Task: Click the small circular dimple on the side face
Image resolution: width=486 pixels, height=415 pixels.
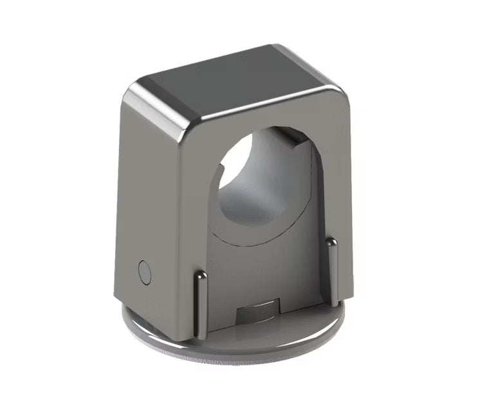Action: tap(144, 272)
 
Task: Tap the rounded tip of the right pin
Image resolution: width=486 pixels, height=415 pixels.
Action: tap(331, 242)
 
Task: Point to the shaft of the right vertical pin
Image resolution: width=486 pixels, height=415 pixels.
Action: tap(332, 271)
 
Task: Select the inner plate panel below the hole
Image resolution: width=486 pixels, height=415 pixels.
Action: tap(270, 271)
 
